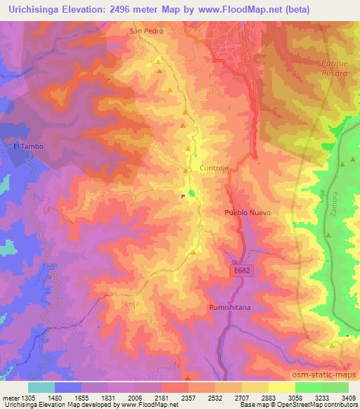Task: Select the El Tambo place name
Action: (x=24, y=146)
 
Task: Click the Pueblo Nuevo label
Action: (x=247, y=212)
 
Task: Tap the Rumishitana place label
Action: (x=229, y=307)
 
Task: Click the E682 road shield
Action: (x=240, y=271)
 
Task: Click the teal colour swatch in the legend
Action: (x=41, y=387)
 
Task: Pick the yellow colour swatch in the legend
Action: (x=282, y=387)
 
